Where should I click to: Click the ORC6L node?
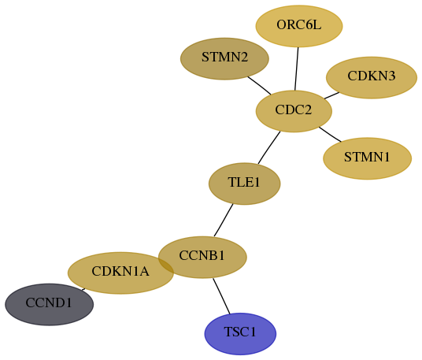(299, 26)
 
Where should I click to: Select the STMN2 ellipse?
(224, 59)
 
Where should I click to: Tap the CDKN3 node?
(372, 77)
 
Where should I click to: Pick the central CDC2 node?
(294, 111)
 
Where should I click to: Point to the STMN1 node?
(368, 158)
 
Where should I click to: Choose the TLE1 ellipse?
(245, 184)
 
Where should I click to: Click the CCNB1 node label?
(202, 255)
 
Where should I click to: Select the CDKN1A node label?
(120, 271)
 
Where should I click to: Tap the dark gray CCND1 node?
(50, 305)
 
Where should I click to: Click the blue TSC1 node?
(240, 334)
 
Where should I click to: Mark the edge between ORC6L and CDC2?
(297, 69)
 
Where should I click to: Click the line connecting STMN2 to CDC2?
(259, 86)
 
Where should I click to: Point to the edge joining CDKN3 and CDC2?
(331, 95)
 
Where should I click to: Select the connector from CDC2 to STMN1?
(330, 134)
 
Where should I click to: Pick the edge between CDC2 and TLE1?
(268, 147)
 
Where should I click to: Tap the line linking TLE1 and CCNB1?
(224, 221)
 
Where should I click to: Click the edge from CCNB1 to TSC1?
(221, 296)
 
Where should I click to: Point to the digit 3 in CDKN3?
(392, 76)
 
